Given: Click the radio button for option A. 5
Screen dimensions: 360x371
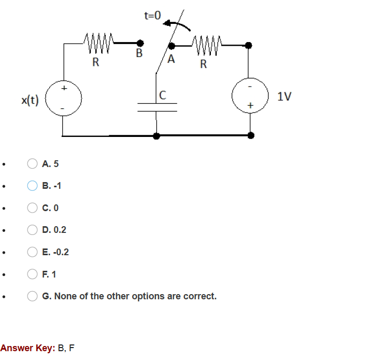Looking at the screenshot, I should pyautogui.click(x=32, y=164).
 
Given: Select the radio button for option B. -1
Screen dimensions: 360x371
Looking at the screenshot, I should pyautogui.click(x=32, y=186).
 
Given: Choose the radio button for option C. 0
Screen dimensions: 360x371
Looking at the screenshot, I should pyautogui.click(x=32, y=208).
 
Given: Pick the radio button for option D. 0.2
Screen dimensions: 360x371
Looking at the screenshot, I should pyautogui.click(x=32, y=230).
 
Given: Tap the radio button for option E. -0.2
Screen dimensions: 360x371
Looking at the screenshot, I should pyautogui.click(x=32, y=252).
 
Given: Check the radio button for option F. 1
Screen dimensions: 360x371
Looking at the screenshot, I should pyautogui.click(x=32, y=274).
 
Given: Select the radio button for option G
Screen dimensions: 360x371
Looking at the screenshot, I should pyautogui.click(x=32, y=296).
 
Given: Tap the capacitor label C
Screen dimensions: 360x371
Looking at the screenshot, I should pyautogui.click(x=163, y=95).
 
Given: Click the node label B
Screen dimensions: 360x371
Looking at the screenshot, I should pyautogui.click(x=139, y=53).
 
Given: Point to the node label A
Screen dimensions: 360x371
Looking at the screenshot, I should pyautogui.click(x=171, y=59).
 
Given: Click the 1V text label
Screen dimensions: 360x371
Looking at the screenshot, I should pyautogui.click(x=284, y=96).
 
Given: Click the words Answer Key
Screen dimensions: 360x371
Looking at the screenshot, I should pyautogui.click(x=27, y=348).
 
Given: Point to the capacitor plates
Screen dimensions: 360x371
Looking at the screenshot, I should pyautogui.click(x=157, y=107).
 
